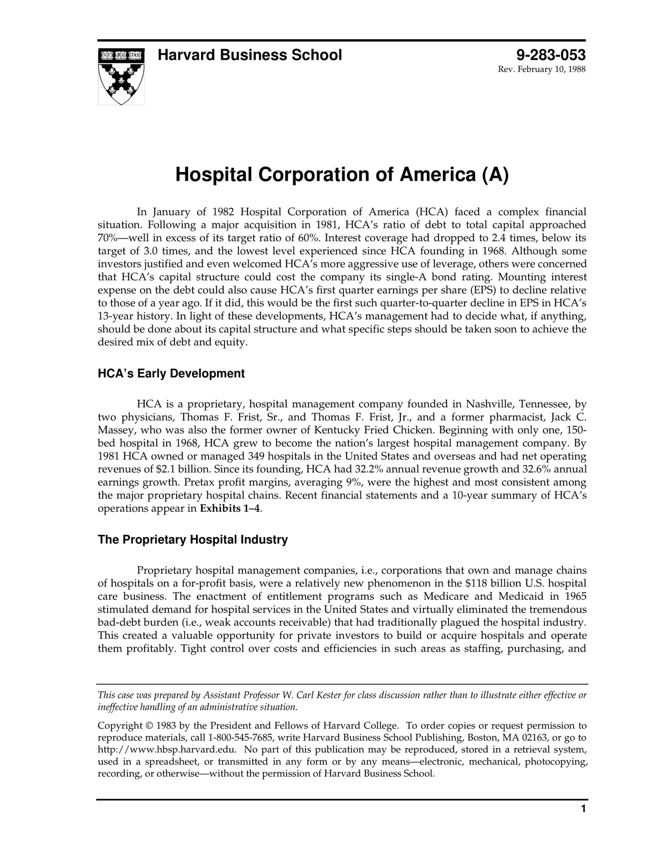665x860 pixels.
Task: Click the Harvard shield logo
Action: pos(121,76)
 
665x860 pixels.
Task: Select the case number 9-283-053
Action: pos(550,55)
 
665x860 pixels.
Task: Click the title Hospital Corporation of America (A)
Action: pos(342,175)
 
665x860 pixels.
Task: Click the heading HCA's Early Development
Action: pos(171,373)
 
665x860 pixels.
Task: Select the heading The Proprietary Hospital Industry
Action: pos(192,539)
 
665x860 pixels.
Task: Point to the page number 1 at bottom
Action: pos(583,821)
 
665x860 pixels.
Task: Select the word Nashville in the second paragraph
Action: pos(490,404)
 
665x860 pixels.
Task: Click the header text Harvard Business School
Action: pos(250,55)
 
